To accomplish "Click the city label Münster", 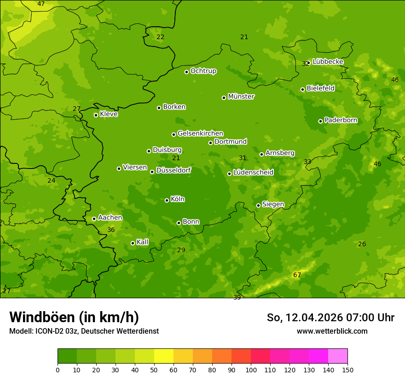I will tap(241, 97).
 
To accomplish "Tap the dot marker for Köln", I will tap(167, 200).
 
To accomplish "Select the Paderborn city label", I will tap(341, 120).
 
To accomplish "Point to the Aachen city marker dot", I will tap(94, 219).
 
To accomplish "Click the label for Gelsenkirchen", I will tap(200, 133).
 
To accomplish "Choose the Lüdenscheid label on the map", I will tap(253, 173).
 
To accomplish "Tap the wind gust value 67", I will tap(297, 275).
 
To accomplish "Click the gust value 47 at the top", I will tap(41, 4).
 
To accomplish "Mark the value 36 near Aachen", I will tap(111, 230).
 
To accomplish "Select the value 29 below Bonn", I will tap(181, 250).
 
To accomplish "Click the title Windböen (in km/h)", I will tap(74, 317).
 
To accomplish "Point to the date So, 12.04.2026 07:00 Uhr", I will tap(330, 318).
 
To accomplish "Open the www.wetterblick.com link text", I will tap(332, 331).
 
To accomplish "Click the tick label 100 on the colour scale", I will tap(251, 370).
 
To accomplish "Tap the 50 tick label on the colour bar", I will tap(154, 370).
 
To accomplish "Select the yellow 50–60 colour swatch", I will tap(164, 356).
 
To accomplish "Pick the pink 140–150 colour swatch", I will tap(338, 356).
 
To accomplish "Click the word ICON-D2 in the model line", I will tap(47, 331).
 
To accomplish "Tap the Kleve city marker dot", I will tap(96, 115).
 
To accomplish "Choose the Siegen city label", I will tap(273, 204).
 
